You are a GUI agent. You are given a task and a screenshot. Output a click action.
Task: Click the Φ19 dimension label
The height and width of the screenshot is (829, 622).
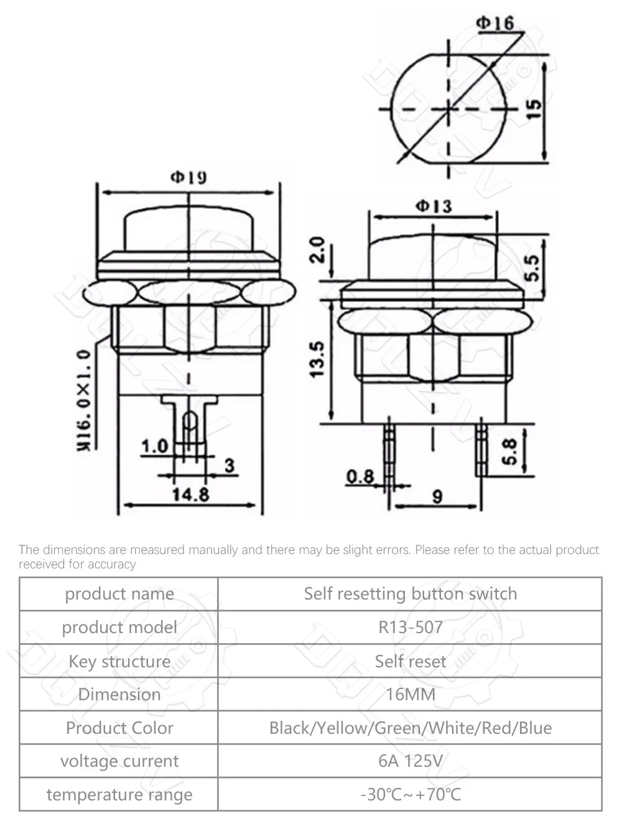pyautogui.click(x=188, y=177)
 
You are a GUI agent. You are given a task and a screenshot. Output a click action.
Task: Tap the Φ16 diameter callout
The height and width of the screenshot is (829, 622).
pyautogui.click(x=495, y=24)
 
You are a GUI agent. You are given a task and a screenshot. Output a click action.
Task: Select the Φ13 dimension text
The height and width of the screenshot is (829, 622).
pyautogui.click(x=434, y=206)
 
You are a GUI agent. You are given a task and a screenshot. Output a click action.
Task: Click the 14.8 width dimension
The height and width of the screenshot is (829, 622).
pyautogui.click(x=191, y=495)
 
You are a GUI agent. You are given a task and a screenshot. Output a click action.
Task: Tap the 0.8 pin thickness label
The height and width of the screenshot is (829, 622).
pyautogui.click(x=361, y=476)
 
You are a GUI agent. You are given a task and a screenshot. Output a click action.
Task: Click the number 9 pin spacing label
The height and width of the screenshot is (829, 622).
pyautogui.click(x=437, y=497)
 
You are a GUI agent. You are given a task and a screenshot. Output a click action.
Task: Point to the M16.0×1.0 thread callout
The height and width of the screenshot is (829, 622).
pyautogui.click(x=83, y=401)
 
